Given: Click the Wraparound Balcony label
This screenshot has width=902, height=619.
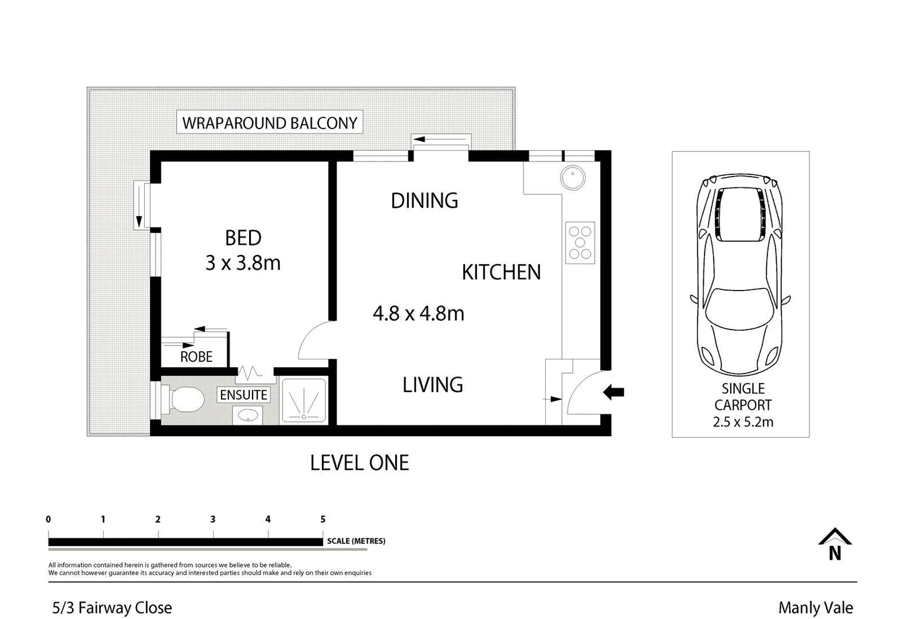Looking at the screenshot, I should [x=269, y=123].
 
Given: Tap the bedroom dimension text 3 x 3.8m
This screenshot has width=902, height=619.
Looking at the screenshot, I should [x=243, y=263].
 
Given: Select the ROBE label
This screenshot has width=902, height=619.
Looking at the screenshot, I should [x=196, y=356].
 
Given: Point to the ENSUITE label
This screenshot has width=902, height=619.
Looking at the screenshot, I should [x=243, y=395].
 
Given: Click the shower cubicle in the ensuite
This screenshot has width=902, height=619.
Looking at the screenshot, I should [x=304, y=401].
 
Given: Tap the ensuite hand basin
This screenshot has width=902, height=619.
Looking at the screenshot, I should [x=247, y=415].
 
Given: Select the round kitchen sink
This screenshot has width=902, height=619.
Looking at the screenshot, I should [x=573, y=178].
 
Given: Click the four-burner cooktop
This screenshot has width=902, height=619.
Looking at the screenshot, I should [x=580, y=242].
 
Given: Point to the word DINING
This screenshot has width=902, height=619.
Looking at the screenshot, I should [x=424, y=201].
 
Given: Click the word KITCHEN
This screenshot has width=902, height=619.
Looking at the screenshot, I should [x=501, y=272].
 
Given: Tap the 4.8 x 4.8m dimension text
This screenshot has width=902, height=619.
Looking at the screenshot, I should [x=418, y=314].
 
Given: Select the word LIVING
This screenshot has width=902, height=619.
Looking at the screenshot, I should [x=432, y=385].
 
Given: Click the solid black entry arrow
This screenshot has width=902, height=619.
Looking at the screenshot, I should [x=613, y=393].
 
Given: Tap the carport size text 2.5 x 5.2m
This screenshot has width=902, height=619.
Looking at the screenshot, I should [x=743, y=422].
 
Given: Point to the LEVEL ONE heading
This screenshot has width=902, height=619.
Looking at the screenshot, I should [x=359, y=463].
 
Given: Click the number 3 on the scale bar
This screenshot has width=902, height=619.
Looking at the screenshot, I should [x=213, y=519].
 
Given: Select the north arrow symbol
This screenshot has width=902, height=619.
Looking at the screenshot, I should [x=834, y=544].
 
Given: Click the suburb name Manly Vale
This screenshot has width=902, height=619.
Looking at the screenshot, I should [x=815, y=608].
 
